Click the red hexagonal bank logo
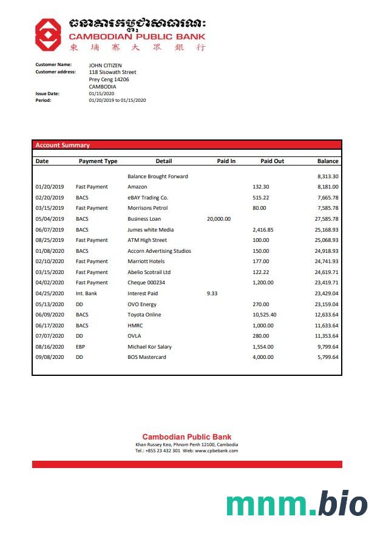[47, 34]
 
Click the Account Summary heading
[63, 146]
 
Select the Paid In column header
[226, 161]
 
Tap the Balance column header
[328, 161]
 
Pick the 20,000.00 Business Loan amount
[219, 219]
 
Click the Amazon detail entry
[137, 187]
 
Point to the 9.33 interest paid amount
[212, 293]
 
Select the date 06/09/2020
[50, 315]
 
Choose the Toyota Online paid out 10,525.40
[264, 315]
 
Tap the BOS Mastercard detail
[146, 357]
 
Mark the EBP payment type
[80, 347]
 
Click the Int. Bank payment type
[86, 293]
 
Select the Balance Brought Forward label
[158, 176]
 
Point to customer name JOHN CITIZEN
[105, 65]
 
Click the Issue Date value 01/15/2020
[101, 93]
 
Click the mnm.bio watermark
[297, 505]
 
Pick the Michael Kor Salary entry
[149, 347]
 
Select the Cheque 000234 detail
[146, 283]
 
